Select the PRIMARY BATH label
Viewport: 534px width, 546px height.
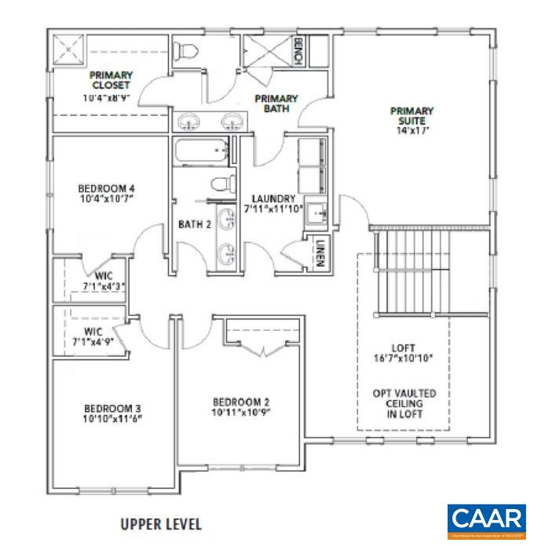pos(275,103)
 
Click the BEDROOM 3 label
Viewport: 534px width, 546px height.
pos(112,408)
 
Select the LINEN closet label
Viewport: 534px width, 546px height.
pos(320,253)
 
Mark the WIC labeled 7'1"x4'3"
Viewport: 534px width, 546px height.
pos(105,276)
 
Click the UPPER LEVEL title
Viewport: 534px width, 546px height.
pos(160,523)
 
